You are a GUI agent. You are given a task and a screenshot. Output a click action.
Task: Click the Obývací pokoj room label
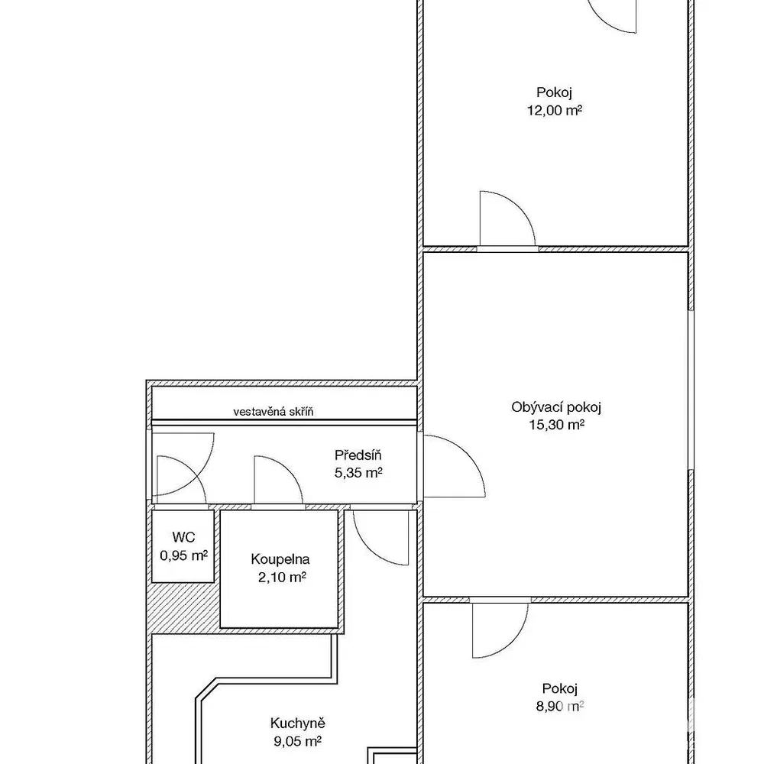556,407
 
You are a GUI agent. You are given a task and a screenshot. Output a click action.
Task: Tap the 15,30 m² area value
556,425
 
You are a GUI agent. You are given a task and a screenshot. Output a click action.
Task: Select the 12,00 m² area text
554,110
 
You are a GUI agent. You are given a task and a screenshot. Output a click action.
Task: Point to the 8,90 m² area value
560,706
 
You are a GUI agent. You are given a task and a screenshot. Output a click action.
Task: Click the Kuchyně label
297,723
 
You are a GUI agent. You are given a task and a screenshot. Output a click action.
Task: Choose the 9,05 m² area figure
297,741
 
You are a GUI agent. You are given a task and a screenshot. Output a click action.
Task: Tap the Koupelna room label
280,559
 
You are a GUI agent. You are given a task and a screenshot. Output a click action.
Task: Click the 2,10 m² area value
282,578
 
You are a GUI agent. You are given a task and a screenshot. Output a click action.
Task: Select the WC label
183,537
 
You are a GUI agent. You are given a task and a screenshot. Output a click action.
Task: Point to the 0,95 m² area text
183,555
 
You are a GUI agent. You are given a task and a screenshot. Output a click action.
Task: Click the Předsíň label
358,455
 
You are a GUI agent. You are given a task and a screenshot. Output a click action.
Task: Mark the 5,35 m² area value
358,473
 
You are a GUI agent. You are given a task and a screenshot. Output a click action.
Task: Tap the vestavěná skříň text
274,412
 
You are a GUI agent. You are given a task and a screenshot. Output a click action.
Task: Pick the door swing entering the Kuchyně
369,548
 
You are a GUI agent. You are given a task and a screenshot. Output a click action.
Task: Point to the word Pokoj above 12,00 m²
554,92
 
